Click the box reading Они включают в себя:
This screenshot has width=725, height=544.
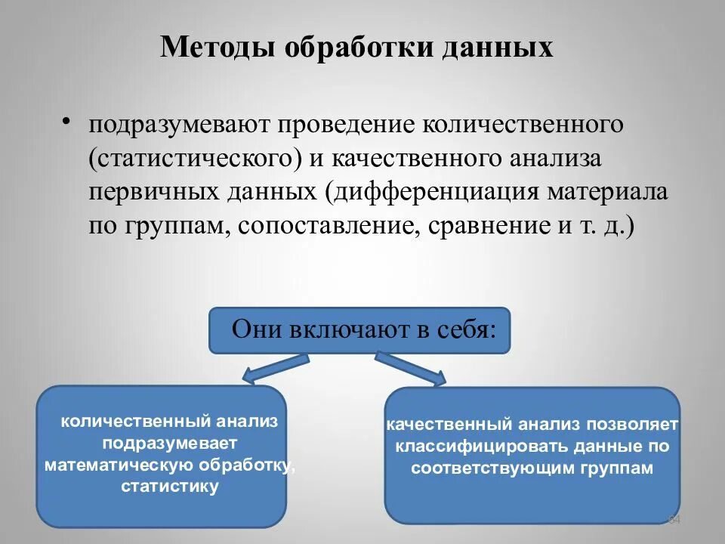click(359, 330)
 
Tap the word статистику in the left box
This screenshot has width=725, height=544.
click(170, 486)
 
